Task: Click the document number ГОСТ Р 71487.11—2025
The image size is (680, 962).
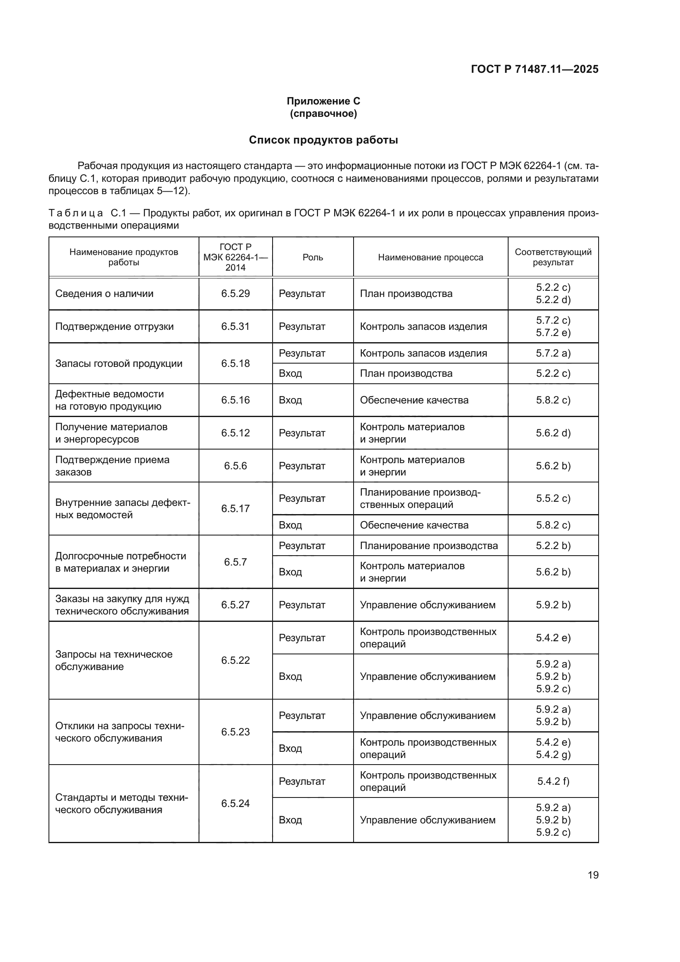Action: click(534, 69)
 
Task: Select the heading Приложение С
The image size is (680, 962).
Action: click(323, 101)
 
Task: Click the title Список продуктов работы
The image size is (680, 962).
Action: click(323, 140)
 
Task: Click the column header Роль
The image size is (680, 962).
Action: click(313, 257)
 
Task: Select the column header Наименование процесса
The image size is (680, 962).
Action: click(430, 257)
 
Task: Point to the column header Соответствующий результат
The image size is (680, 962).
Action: click(553, 257)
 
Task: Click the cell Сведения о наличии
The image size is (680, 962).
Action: click(104, 294)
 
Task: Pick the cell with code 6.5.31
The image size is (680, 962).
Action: click(235, 327)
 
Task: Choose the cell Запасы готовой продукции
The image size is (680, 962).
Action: click(119, 363)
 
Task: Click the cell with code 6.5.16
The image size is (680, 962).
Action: click(235, 400)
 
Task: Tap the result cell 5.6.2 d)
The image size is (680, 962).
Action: click(553, 433)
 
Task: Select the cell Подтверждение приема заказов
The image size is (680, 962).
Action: click(112, 466)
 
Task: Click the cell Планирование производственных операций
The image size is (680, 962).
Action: click(420, 498)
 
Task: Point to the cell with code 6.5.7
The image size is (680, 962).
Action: click(235, 562)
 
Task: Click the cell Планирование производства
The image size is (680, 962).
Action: click(429, 545)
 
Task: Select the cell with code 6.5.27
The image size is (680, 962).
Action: click(235, 605)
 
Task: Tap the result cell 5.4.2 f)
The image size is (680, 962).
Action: click(553, 781)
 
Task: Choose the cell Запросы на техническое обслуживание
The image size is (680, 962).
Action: click(113, 661)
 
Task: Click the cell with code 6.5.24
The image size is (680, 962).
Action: click(235, 803)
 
